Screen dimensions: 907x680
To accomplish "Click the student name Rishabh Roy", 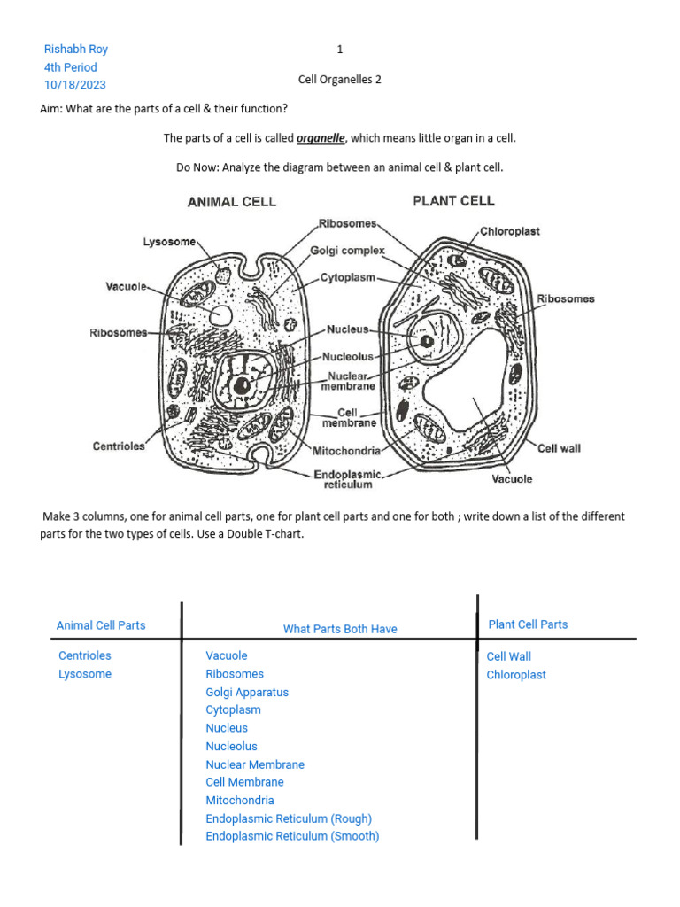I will (x=75, y=50).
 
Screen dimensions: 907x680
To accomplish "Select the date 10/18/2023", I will (x=75, y=85).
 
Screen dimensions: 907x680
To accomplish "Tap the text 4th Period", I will (x=71, y=67).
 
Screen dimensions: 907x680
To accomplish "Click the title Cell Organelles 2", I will (x=340, y=80).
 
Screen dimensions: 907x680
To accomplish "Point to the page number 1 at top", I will (x=340, y=50).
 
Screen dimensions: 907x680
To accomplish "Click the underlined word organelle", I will (x=321, y=138).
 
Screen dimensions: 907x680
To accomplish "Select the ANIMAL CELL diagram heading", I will (x=232, y=201).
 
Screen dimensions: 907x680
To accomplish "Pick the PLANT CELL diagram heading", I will (x=453, y=200).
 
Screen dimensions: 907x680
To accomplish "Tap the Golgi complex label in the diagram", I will (x=347, y=251).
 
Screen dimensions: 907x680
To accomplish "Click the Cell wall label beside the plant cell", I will (x=559, y=448).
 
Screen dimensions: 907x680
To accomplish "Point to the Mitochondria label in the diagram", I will (x=347, y=451).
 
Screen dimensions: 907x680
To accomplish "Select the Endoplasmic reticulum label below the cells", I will (x=348, y=479).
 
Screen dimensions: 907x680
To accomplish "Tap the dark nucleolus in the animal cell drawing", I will (x=241, y=385).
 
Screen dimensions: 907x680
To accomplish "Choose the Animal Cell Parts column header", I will (x=101, y=625).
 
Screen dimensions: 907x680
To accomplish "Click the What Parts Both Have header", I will (x=340, y=629).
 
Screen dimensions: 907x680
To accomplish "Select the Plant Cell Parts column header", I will (x=528, y=624).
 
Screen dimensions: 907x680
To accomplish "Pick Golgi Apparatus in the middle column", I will (x=247, y=692).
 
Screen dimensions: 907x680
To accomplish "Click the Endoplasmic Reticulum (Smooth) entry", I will (x=292, y=836).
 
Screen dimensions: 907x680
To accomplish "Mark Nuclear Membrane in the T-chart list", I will (x=255, y=764).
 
